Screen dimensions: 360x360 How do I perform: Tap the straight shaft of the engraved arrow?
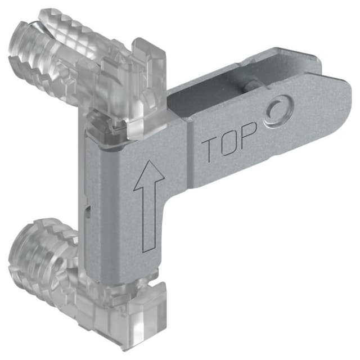pyautogui.click(x=147, y=219)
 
